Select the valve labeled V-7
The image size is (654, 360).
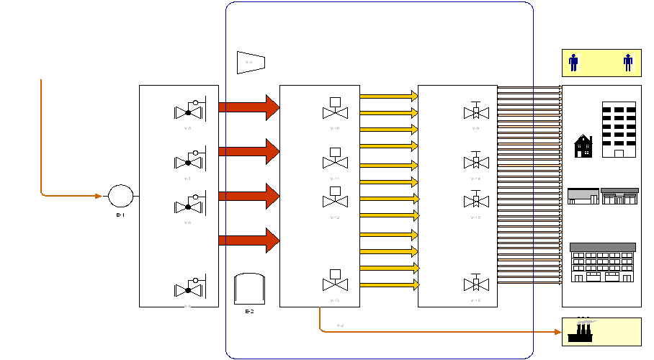[x=189, y=160]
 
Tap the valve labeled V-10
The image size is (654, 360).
[x=334, y=109]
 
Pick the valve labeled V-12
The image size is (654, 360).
[x=334, y=199]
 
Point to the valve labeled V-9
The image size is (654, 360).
[x=475, y=112]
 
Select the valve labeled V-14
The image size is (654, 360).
[x=475, y=162]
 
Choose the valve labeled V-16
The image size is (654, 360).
[x=475, y=283]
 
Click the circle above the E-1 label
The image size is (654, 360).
[x=120, y=195]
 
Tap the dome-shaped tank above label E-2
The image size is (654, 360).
[x=249, y=289]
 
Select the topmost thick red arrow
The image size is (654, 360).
[x=248, y=107]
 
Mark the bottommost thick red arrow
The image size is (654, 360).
[x=248, y=240]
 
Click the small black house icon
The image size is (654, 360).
[x=583, y=146]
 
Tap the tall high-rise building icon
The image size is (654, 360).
[x=619, y=129]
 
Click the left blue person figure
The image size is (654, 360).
[x=573, y=63]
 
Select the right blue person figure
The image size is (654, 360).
[x=628, y=63]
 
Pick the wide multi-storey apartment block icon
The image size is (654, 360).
[x=602, y=263]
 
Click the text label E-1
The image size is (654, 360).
[x=120, y=215]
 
